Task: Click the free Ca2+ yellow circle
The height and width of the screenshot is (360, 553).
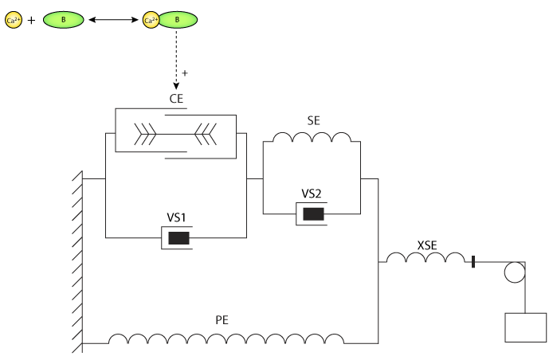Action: coord(14,20)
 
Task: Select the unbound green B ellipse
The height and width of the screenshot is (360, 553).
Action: coord(63,20)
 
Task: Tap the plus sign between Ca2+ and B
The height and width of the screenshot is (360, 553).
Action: coord(32,20)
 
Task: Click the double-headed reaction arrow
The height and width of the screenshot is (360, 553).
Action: coord(112,20)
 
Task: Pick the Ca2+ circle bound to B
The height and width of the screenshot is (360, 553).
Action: coord(150,20)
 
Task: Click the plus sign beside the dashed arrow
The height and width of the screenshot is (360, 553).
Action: coord(185,72)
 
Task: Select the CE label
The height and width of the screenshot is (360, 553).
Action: coord(177,100)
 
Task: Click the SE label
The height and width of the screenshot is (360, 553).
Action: coord(313,119)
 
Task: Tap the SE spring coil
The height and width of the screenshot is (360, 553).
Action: coord(312,139)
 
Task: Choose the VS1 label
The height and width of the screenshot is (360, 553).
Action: coord(177,216)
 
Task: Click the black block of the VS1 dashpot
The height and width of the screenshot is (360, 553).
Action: coord(178,237)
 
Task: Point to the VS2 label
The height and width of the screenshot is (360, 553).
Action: coord(312,193)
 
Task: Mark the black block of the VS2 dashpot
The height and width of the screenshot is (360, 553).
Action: coord(313,213)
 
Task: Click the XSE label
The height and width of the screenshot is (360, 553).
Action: coord(427,245)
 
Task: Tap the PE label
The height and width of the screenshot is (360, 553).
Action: coord(222,321)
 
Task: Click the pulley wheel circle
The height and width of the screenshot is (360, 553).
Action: coord(515,272)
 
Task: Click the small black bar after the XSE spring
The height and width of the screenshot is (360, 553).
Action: coord(473,261)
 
